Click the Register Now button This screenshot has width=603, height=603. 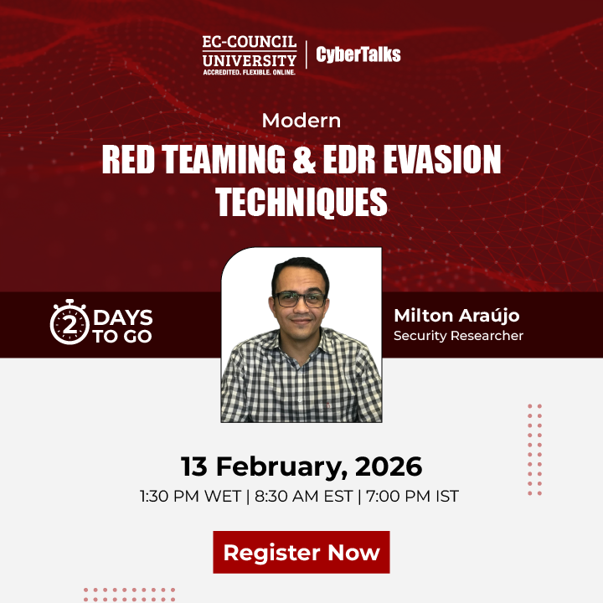pyautogui.click(x=301, y=553)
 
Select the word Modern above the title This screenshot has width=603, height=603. pyautogui.click(x=301, y=120)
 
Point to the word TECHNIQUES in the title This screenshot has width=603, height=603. pyautogui.click(x=301, y=202)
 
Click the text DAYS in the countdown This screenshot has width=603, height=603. pyautogui.click(x=123, y=317)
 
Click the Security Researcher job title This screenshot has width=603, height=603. pyautogui.click(x=458, y=336)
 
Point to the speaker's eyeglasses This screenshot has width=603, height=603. pyautogui.click(x=301, y=299)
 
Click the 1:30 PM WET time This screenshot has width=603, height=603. pyautogui.click(x=190, y=496)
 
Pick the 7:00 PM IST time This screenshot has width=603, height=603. pyautogui.click(x=412, y=496)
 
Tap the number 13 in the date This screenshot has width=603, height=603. pyautogui.click(x=194, y=466)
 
